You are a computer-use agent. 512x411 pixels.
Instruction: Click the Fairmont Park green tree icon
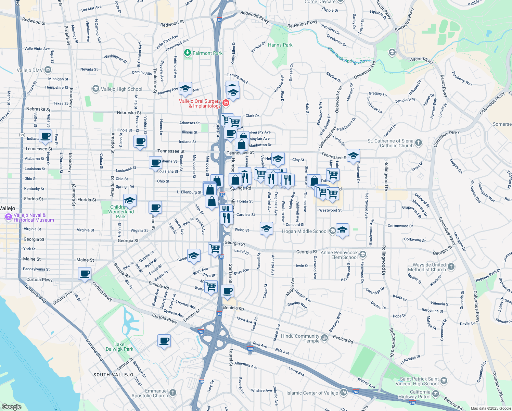coord(187,53)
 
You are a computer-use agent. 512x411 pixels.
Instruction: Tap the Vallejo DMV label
coord(30,70)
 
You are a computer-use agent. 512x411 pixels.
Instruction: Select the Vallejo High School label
coord(121,89)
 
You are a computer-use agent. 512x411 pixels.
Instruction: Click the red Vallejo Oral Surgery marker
coord(226,103)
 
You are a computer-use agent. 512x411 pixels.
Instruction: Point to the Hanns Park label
coord(280,45)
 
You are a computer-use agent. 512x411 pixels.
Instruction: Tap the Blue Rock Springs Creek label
coord(349,56)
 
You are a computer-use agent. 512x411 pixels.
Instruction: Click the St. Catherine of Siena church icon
coord(418,143)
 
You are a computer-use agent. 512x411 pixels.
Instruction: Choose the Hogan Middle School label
coord(305,231)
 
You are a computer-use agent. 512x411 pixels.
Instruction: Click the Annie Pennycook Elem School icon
coord(363,254)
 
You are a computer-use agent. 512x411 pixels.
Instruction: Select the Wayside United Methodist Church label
coord(429,267)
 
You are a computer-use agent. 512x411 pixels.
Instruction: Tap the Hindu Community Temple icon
coord(324,338)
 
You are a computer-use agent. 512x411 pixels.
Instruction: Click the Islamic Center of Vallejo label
coord(312,393)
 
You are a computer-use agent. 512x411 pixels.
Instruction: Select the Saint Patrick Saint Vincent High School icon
coord(444,381)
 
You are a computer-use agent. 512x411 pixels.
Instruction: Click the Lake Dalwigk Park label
coord(119,347)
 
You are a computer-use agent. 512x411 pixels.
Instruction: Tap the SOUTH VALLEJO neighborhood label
coord(113,375)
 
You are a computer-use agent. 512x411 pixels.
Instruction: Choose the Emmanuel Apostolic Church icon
coord(173,393)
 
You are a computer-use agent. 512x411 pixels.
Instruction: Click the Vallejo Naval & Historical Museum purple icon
coord(9,217)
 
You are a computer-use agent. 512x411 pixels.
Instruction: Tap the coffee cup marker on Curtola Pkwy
coord(85,274)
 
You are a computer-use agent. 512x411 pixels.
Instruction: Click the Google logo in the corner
coord(11,407)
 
